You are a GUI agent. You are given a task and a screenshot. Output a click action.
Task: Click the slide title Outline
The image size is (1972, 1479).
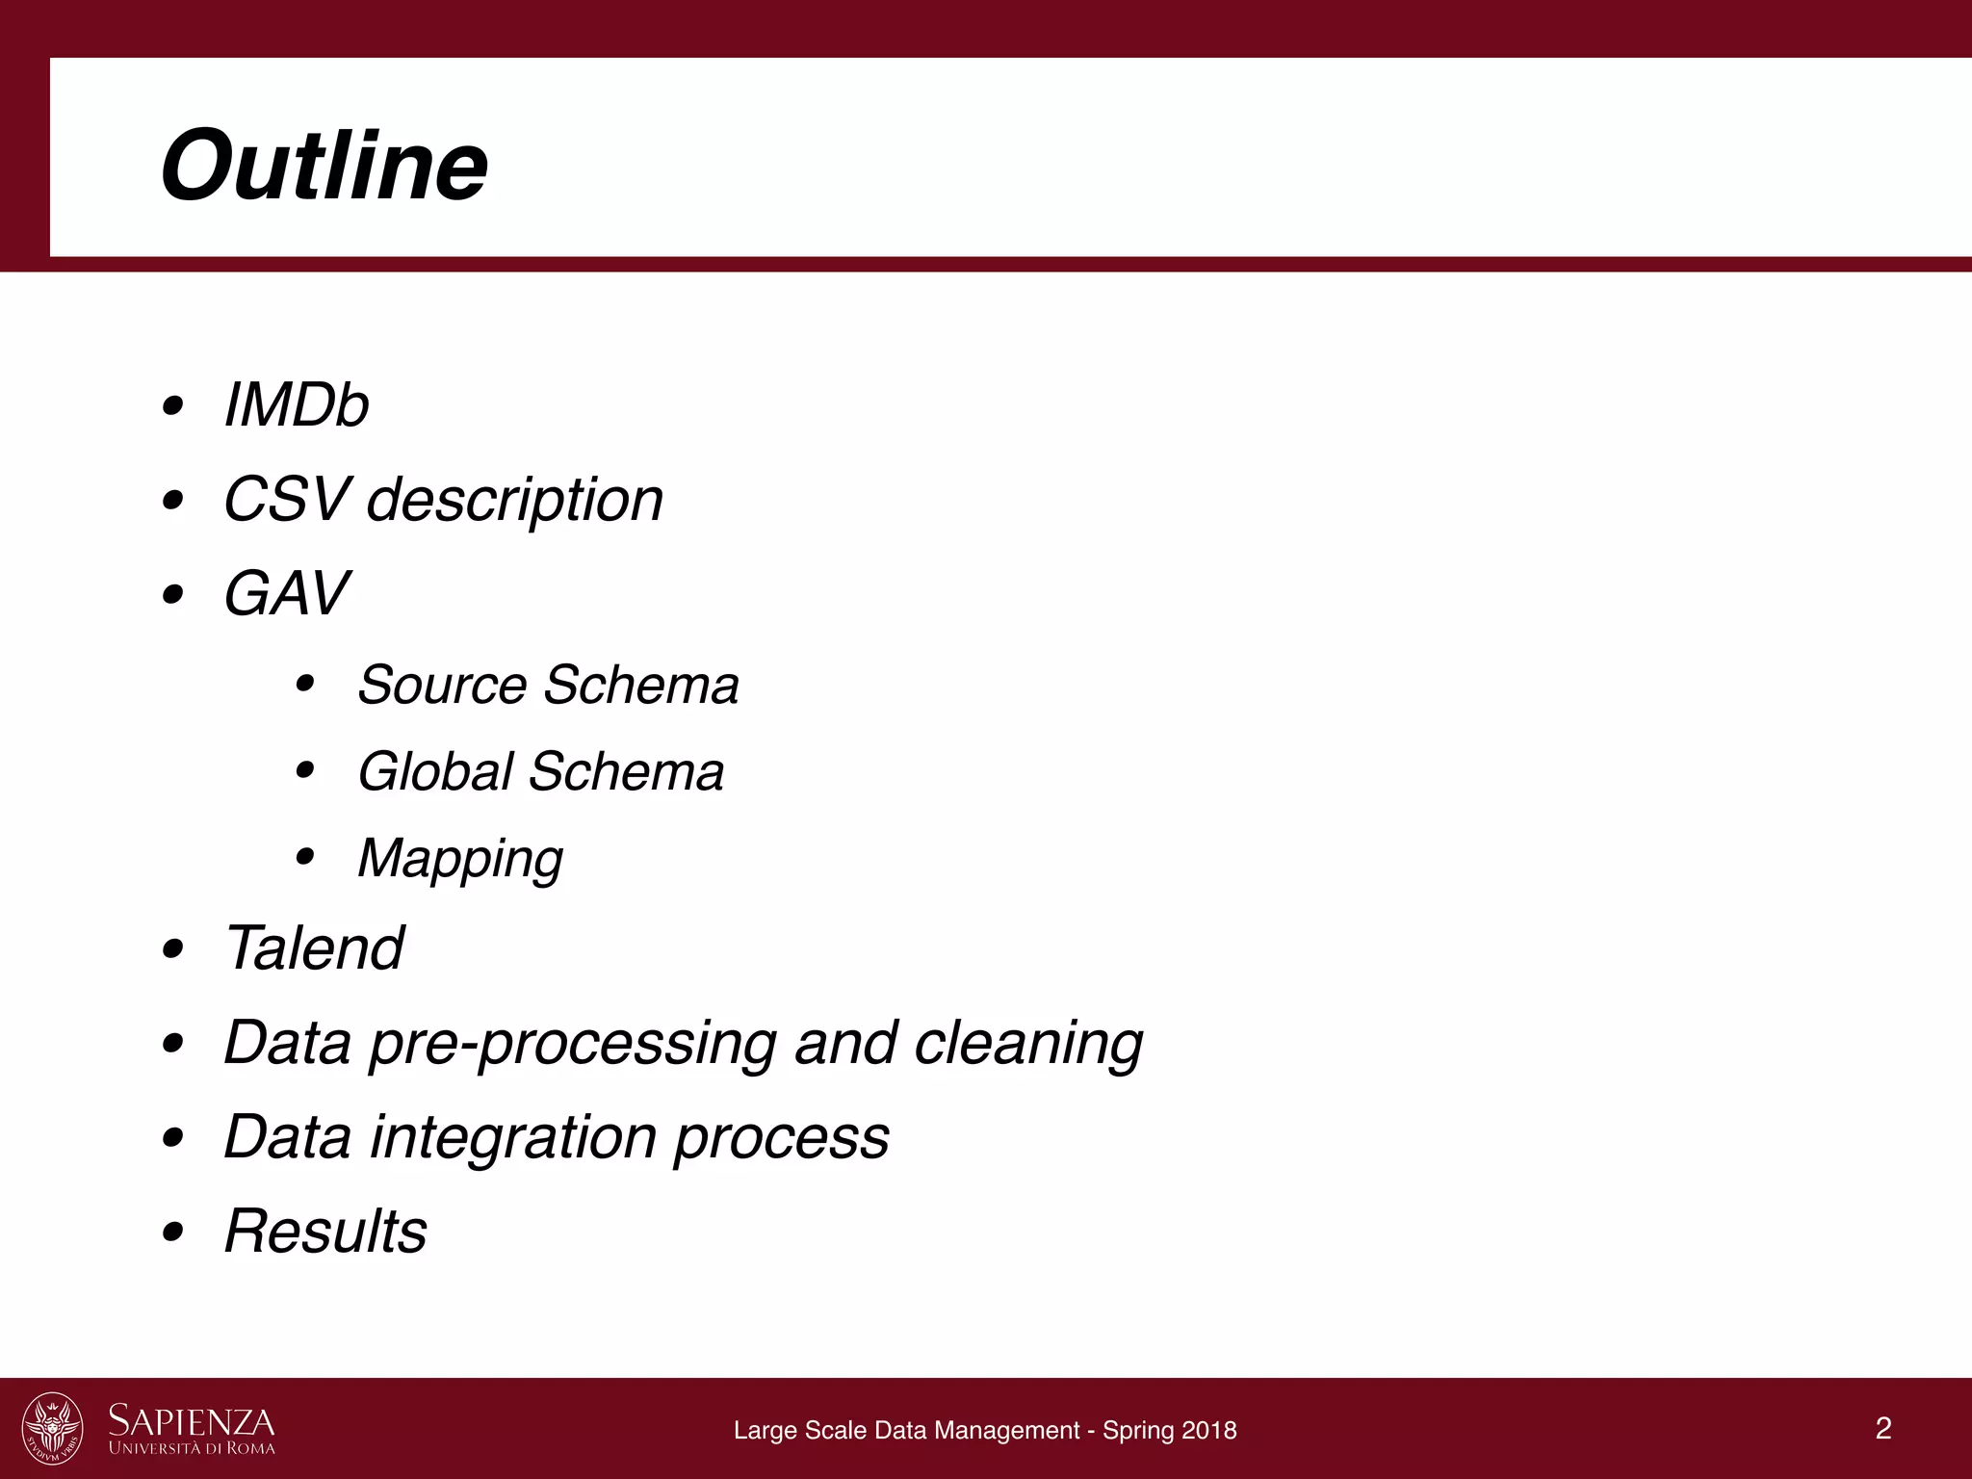(324, 166)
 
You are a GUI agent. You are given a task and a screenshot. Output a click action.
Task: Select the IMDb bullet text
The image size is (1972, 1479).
(296, 404)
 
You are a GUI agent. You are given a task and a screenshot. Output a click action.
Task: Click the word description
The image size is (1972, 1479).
(515, 501)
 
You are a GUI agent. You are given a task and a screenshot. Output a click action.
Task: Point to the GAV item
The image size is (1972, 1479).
(286, 593)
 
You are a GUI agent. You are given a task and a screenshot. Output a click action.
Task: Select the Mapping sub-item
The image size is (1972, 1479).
(459, 859)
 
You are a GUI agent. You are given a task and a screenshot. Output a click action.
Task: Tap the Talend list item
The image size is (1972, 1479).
(314, 947)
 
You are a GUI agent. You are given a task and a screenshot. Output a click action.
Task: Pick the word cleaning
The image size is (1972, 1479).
(1027, 1044)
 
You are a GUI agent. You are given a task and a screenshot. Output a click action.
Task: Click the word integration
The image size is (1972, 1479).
(514, 1138)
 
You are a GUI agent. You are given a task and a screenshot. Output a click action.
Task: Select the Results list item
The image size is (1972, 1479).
(325, 1231)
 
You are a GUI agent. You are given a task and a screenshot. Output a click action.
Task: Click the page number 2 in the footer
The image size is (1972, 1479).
(1883, 1428)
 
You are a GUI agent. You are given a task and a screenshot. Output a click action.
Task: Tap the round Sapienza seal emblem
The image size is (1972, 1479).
(53, 1428)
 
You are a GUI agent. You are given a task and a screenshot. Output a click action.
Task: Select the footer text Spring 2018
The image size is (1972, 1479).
(1169, 1431)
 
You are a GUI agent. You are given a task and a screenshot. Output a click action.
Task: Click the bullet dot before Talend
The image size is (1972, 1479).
(173, 949)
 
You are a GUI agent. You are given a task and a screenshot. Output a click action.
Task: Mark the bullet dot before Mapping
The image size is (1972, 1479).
(305, 857)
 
